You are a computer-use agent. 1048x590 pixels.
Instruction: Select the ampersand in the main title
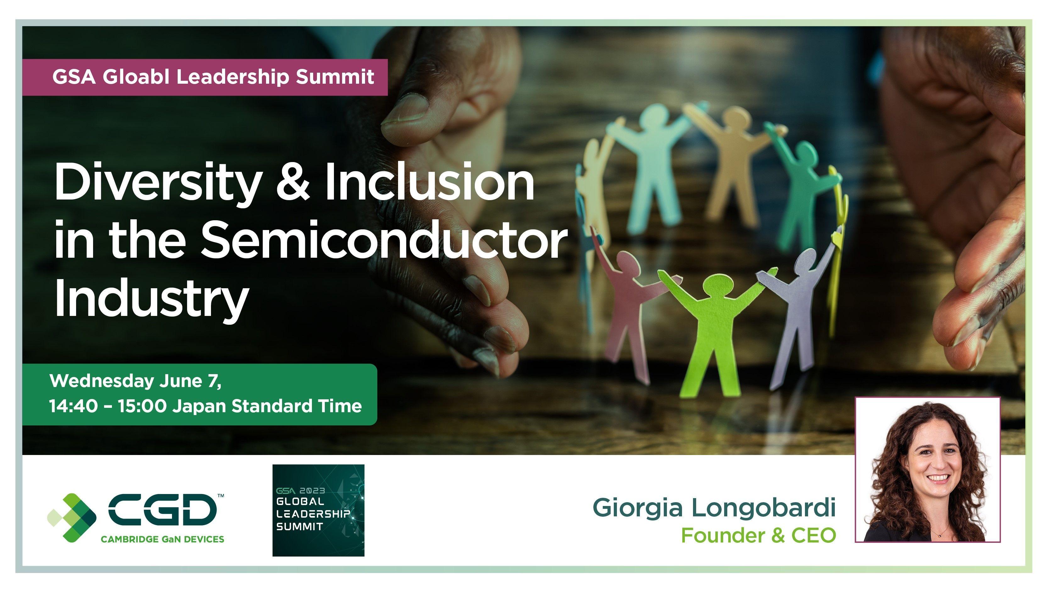point(292,182)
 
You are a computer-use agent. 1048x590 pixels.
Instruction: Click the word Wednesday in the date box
point(102,381)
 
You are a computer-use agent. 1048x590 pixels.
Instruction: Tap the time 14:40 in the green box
point(74,406)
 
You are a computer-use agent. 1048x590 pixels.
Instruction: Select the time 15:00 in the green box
point(142,406)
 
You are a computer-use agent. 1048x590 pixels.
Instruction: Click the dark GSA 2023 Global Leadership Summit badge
point(318,510)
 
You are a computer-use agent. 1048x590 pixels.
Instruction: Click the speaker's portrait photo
point(928,469)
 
